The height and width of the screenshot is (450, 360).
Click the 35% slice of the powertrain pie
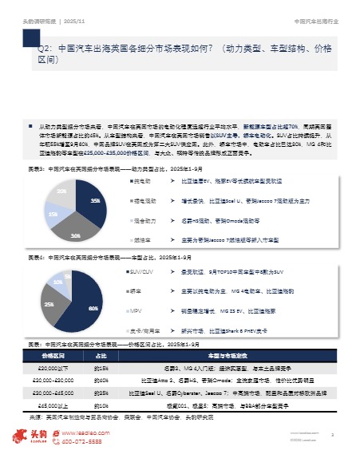pyautogui.click(x=93, y=199)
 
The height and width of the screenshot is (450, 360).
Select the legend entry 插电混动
pyautogui.click(x=146, y=200)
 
